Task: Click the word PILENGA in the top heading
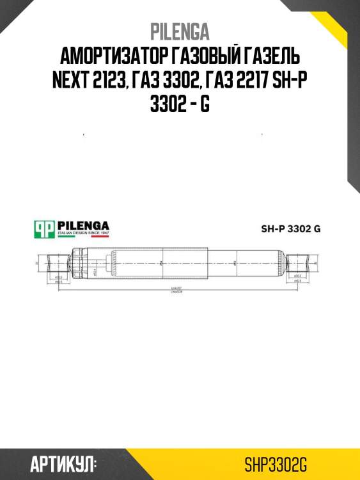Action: (180, 31)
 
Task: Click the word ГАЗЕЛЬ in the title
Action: (274, 56)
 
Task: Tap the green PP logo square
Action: (44, 229)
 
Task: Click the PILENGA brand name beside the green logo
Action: (83, 225)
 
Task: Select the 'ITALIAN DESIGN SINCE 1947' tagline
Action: (83, 235)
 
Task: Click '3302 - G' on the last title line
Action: (180, 104)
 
